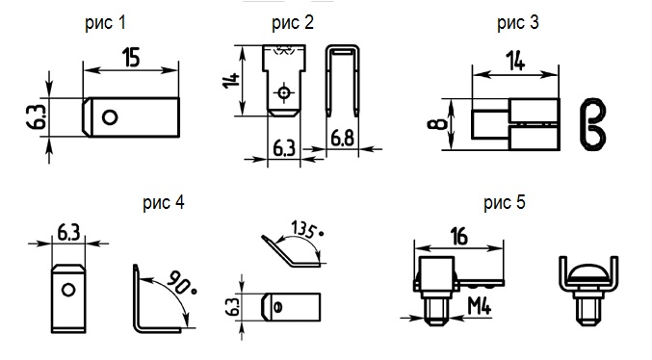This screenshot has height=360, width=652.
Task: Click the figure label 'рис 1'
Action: click(x=105, y=23)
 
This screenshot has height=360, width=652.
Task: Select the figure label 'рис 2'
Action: click(x=293, y=23)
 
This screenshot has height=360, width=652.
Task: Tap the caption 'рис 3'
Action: click(x=518, y=23)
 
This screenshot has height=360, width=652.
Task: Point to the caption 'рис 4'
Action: click(x=164, y=203)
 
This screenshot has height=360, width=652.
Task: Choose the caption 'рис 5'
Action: click(x=505, y=203)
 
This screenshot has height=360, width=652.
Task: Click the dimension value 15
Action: click(x=131, y=58)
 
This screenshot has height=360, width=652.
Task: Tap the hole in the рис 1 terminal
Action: click(x=110, y=117)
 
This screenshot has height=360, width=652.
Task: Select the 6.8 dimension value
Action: click(x=342, y=138)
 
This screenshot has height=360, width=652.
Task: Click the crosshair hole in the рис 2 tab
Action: click(x=284, y=92)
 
